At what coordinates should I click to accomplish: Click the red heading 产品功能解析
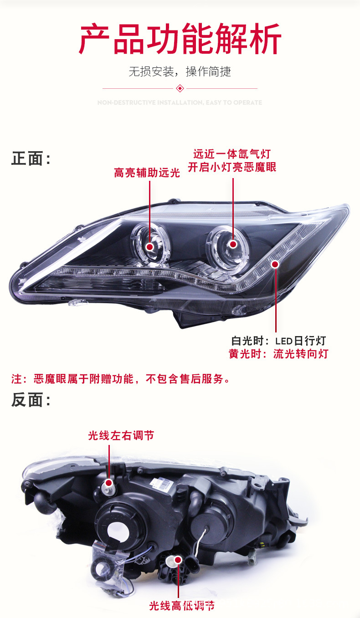tap(180, 40)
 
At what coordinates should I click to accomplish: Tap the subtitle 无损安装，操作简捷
tap(180, 72)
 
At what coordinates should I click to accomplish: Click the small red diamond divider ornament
tap(180, 88)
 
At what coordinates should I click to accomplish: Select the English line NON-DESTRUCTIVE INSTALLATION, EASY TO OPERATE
tap(180, 102)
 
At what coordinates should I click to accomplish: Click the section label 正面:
tap(31, 159)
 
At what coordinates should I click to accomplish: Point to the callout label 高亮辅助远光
tap(147, 173)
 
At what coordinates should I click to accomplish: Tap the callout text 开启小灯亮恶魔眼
tap(232, 167)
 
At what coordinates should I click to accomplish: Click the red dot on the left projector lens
tap(149, 246)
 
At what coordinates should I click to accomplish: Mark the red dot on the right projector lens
tap(233, 245)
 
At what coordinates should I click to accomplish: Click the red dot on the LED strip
tap(275, 264)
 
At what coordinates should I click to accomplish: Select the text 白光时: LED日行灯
tap(278, 341)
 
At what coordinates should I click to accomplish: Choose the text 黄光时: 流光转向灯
tap(278, 354)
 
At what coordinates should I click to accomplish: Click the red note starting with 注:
tap(120, 378)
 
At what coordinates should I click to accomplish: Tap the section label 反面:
tap(31, 400)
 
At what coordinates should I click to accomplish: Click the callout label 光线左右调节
tap(121, 436)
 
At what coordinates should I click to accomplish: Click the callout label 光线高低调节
tap(181, 606)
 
